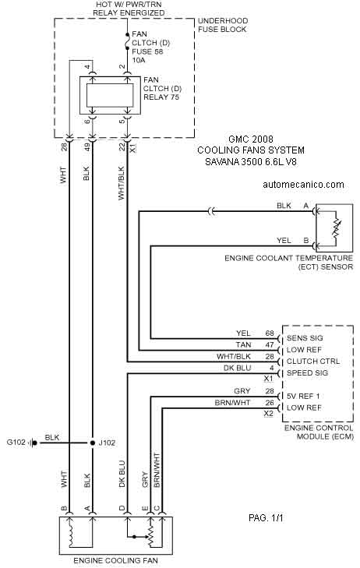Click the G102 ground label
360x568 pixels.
(16, 443)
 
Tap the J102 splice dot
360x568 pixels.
(93, 443)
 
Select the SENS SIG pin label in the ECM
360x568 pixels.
(305, 338)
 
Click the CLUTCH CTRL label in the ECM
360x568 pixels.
(313, 362)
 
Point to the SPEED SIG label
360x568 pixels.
(307, 373)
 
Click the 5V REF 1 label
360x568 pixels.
(303, 397)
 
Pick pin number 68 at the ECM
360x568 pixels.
(270, 333)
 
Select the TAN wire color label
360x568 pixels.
(243, 345)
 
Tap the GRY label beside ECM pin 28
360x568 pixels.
(242, 391)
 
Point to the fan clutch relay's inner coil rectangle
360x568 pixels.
(110, 95)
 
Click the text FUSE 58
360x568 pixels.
(147, 51)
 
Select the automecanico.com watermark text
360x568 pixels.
(303, 185)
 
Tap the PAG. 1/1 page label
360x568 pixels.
(266, 518)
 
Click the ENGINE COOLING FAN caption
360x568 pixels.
(115, 561)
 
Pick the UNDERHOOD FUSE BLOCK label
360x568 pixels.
(223, 25)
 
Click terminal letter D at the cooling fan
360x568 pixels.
(122, 508)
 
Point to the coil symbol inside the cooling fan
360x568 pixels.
(72, 532)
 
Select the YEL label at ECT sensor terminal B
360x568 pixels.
(284, 241)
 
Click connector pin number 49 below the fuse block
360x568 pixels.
(87, 146)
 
